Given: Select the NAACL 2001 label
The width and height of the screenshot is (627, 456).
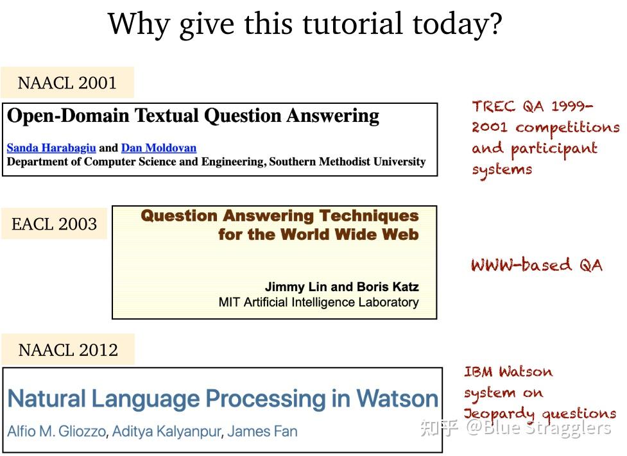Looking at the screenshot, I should [x=67, y=83].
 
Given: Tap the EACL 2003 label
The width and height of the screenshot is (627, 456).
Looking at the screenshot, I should [x=54, y=224].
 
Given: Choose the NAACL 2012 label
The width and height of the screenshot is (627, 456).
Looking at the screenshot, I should [x=68, y=350].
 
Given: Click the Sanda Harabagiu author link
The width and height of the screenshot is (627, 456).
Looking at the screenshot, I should [x=51, y=148].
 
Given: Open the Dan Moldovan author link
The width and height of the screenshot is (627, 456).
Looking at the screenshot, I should [x=159, y=148].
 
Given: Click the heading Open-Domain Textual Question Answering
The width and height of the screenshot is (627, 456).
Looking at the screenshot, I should [x=193, y=116].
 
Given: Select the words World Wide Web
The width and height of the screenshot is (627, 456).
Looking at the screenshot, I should [x=347, y=235].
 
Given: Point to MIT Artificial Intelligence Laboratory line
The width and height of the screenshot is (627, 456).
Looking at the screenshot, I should [x=318, y=302].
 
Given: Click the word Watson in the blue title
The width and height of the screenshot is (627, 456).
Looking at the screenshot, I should [x=397, y=399].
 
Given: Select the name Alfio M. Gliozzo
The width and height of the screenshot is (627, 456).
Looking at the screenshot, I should [x=56, y=430].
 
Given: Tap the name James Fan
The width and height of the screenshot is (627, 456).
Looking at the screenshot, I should [x=263, y=430].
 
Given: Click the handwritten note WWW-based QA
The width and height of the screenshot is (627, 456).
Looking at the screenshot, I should [x=537, y=265].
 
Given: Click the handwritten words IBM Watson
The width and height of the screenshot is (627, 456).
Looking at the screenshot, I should [x=508, y=372].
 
